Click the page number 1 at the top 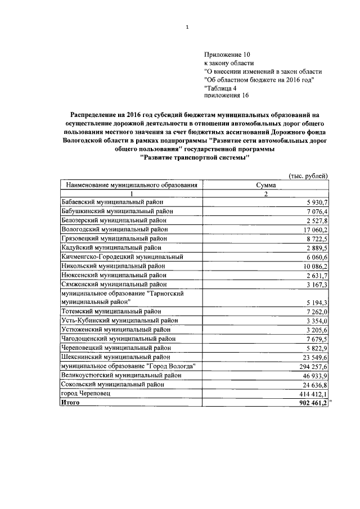tap(187, 26)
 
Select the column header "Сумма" tap(265, 184)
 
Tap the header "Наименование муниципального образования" tap(132, 184)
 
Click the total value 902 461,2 tap(310, 403)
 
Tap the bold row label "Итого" tap(70, 403)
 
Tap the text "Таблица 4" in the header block tap(220, 88)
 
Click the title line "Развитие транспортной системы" tap(195, 159)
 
